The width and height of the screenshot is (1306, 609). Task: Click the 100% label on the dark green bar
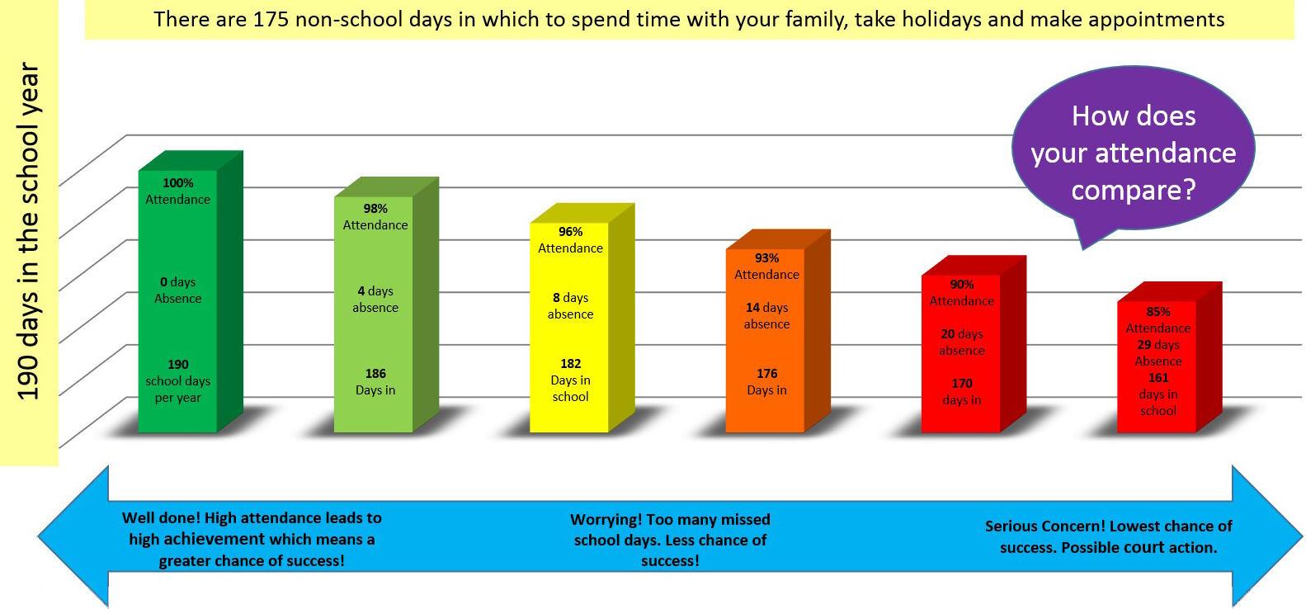coord(178,183)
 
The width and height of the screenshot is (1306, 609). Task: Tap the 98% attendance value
coord(375,209)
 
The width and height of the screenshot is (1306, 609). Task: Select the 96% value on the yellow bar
coord(570,232)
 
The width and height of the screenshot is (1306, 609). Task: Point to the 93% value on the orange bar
coord(766,258)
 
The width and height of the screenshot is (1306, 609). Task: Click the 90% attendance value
coord(962,285)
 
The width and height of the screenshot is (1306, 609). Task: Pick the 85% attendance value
coord(1157,312)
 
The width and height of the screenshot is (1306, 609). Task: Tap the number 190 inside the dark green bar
coord(178,365)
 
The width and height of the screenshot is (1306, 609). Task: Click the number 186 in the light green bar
coord(375,373)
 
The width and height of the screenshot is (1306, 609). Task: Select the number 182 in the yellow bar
coord(570,364)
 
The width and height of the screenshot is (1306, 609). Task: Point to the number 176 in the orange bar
coord(766,373)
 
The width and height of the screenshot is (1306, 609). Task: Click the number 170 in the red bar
coord(962,383)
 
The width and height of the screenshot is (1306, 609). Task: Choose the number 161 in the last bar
coord(1157,378)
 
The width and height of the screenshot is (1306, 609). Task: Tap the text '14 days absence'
coord(766,315)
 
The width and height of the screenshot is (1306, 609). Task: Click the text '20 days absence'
coord(962,342)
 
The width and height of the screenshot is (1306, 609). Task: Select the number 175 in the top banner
coord(271,19)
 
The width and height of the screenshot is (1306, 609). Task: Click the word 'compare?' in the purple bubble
coord(1134,190)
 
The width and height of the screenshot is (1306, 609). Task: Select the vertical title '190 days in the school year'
coord(27,232)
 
